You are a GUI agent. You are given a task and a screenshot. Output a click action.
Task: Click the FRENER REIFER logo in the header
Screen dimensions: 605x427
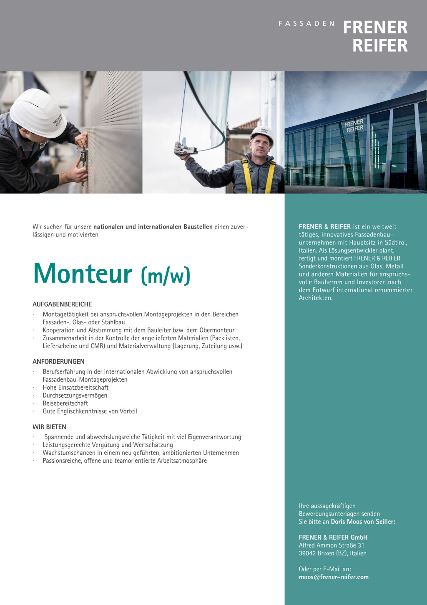coord(375,36)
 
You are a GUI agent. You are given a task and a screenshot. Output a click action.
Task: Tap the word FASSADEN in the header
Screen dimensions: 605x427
coord(306,24)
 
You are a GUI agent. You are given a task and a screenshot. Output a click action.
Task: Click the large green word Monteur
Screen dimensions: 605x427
coord(83,274)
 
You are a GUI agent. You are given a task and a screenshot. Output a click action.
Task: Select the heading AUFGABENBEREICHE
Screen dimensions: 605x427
coord(62,304)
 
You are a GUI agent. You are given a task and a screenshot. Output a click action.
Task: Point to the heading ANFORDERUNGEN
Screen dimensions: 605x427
coord(58,361)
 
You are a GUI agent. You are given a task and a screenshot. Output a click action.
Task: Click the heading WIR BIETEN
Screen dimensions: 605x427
coord(49,427)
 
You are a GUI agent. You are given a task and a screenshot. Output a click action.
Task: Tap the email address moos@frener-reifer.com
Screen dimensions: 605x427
coord(334,577)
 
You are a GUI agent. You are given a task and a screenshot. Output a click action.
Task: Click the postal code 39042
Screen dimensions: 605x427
coord(307,553)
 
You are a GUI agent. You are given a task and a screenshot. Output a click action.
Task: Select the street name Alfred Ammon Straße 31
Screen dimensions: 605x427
coord(332,545)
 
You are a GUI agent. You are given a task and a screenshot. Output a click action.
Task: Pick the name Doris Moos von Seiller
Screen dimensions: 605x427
coord(363,522)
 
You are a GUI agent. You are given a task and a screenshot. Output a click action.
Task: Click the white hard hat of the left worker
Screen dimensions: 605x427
coord(38,111)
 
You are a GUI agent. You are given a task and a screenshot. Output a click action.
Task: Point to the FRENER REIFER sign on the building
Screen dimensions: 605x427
coord(354,126)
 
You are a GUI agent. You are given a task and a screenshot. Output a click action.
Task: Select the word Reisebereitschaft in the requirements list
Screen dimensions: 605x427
coord(65,403)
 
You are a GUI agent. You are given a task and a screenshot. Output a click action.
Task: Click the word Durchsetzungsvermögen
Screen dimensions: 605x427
coord(75,395)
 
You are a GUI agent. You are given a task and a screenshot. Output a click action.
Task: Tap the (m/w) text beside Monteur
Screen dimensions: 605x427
coord(166,275)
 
